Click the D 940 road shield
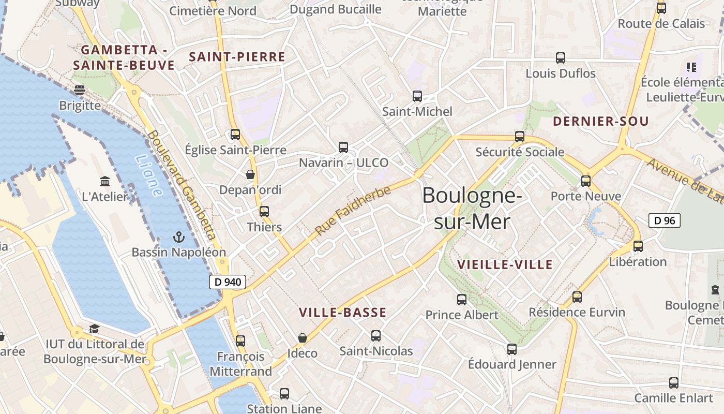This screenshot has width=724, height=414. tap(227, 282)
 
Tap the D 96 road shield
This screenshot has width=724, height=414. tap(665, 220)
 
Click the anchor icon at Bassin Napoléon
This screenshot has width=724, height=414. tap(178, 238)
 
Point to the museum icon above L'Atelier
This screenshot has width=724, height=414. tap(105, 181)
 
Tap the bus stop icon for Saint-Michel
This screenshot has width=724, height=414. tap(417, 96)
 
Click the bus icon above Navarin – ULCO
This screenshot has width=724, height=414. tap(343, 147)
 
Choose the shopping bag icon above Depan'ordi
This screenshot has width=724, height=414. tap(250, 174)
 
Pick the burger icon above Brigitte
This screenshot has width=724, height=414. tap(80, 90)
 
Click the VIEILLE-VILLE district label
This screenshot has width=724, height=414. tap(505, 265)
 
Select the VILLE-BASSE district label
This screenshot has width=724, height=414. tap(343, 313)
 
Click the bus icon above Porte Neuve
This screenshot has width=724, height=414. tap(586, 181)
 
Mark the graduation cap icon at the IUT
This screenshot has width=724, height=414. tap(94, 329)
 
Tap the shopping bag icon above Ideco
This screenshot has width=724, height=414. tap(303, 338)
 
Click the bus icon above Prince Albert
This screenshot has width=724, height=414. tap(462, 299)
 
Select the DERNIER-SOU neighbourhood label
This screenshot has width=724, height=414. tap(600, 122)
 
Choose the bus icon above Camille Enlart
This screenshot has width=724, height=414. tap(674, 383)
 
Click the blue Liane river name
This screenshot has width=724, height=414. tap(148, 176)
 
